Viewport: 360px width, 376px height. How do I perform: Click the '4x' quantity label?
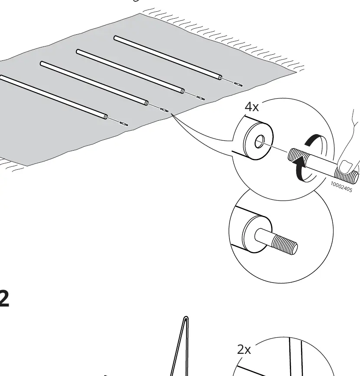(x=252, y=107)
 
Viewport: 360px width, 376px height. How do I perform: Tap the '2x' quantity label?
(x=244, y=350)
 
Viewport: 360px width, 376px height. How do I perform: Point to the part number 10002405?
(x=341, y=187)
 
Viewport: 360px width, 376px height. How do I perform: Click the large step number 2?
(x=4, y=298)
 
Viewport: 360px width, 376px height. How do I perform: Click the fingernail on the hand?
(x=345, y=167)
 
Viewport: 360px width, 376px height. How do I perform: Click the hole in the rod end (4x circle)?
(x=260, y=142)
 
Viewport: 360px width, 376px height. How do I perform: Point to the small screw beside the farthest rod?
(x=238, y=84)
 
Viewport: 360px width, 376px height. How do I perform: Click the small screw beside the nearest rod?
(x=124, y=124)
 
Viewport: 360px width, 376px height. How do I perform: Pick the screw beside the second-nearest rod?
(x=164, y=110)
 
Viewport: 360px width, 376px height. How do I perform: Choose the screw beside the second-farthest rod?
(x=200, y=98)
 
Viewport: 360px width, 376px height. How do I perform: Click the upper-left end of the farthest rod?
(x=116, y=38)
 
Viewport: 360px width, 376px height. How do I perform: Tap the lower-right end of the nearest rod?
(x=105, y=117)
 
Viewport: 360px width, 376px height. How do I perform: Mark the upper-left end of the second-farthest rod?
(x=79, y=52)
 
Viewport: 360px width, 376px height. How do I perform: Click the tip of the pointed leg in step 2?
(x=186, y=318)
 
